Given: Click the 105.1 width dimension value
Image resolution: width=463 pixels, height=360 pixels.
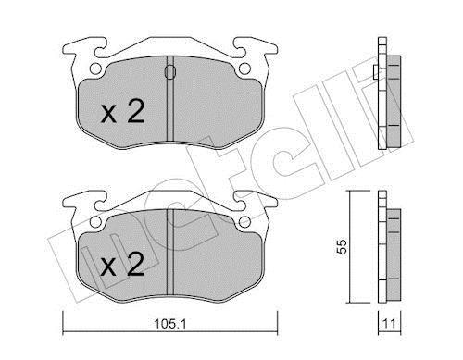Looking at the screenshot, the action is tap(170, 324).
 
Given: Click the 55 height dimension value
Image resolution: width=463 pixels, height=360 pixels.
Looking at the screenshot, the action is tap(342, 246).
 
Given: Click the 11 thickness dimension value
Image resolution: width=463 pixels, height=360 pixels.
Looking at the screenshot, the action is tap(390, 324).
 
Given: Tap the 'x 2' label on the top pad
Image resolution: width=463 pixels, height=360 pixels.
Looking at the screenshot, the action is tap(122, 113).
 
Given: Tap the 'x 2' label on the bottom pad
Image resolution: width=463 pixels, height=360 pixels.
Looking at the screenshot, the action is tap(122, 265).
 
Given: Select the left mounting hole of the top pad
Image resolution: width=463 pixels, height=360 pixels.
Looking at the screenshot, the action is tap(95, 68).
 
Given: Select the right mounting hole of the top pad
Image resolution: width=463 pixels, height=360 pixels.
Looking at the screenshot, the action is tap(244, 68).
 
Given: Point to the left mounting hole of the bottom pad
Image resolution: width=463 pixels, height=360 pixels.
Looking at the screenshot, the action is tap(95, 221).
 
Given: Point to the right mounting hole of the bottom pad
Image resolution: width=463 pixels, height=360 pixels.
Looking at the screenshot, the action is tap(244, 221).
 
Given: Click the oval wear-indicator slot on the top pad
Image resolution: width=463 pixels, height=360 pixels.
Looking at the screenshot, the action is tap(170, 72).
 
